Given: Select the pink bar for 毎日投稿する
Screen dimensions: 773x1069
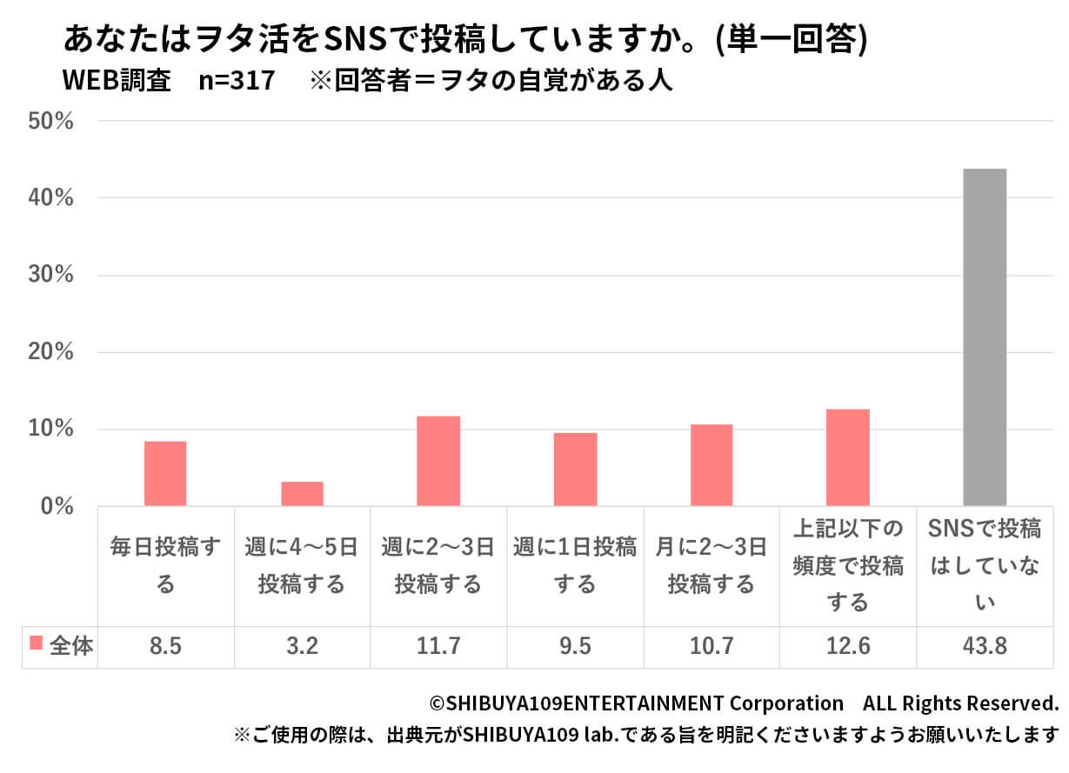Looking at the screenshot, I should click(165, 474).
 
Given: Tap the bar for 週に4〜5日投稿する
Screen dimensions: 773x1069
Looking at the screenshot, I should click(302, 494).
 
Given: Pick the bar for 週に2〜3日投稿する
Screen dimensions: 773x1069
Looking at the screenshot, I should click(438, 461).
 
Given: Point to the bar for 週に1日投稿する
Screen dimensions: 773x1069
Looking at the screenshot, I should click(575, 470).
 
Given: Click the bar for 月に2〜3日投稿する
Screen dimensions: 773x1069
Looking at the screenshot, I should click(712, 465).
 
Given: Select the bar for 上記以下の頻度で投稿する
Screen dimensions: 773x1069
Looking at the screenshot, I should click(848, 457).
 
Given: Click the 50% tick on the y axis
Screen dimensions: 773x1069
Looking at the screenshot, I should click(50, 121).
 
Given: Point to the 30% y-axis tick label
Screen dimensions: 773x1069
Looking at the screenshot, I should click(50, 276).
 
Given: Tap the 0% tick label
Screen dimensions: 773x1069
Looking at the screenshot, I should click(57, 506).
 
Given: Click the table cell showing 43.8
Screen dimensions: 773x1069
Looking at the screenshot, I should click(985, 647).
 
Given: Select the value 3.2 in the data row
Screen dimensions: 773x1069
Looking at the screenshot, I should click(302, 647).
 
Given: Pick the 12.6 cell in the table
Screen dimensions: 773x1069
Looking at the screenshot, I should click(848, 647).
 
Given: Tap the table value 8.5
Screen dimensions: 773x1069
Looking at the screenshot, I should click(165, 647).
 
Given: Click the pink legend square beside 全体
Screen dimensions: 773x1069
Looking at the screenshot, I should click(37, 643).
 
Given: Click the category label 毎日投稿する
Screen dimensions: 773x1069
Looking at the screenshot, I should click(165, 565).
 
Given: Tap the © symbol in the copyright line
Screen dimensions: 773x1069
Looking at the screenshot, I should click(436, 703).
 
